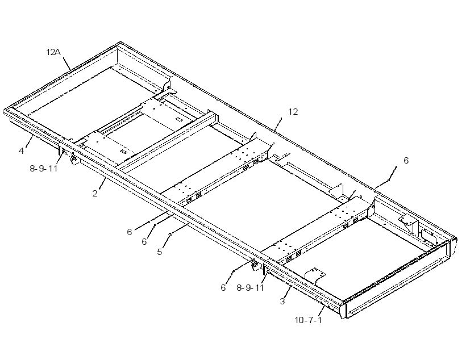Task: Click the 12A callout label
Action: click(x=53, y=52)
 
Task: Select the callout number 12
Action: click(x=293, y=112)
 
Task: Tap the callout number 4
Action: click(x=21, y=151)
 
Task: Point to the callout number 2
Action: click(x=95, y=194)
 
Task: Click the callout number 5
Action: click(x=160, y=252)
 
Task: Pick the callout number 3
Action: click(x=282, y=301)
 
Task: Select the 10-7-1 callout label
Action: click(x=308, y=320)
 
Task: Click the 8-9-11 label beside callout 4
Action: click(x=43, y=169)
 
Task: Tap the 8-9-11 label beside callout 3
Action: click(x=250, y=288)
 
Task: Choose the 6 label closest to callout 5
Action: click(x=144, y=242)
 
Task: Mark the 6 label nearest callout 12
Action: click(x=406, y=160)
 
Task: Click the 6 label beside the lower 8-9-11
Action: click(x=223, y=288)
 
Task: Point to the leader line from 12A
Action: click(x=67, y=64)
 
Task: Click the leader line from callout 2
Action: click(x=102, y=183)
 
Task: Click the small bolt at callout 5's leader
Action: click(x=170, y=235)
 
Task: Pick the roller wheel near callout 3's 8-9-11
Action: click(x=255, y=264)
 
